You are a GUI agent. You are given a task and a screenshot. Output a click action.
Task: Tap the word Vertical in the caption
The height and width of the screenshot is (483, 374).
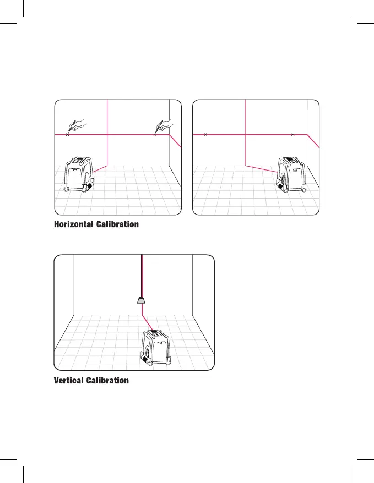pos(69,381)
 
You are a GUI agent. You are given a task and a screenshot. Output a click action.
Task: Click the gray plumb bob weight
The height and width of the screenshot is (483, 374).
pos(142,300)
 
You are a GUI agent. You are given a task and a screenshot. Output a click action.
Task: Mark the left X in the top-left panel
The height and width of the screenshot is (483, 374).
pos(67,134)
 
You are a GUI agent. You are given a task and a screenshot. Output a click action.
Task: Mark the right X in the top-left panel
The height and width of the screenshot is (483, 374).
pos(155,134)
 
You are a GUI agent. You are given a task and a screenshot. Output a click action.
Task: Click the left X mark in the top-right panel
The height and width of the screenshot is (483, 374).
pos(205,134)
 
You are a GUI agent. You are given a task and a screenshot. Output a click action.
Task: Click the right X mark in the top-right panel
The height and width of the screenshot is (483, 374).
pos(292,134)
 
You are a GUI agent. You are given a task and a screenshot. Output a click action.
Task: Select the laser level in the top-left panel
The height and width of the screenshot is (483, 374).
pos(78,175)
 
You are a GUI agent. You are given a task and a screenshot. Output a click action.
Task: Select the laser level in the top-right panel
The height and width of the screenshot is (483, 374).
pos(291,175)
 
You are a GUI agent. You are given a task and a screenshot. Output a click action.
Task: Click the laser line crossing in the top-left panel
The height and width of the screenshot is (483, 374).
pos(106,134)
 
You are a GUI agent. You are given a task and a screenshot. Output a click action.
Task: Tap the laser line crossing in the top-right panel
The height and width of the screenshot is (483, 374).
pos(244,134)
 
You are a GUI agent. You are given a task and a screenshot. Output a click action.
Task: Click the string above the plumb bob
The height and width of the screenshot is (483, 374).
pos(142,275)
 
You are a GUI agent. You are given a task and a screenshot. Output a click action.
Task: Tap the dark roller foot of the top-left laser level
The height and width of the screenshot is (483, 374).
pos(88,187)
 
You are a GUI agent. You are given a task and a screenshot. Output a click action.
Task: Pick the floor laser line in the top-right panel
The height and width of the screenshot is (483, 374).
pos(261,169)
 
